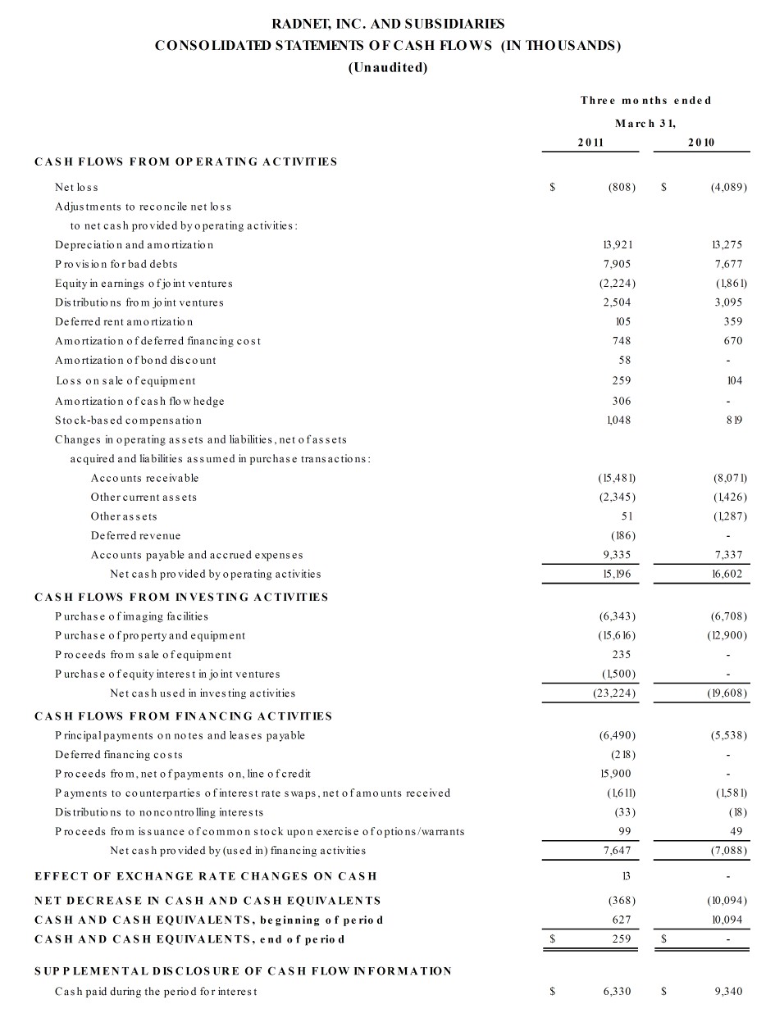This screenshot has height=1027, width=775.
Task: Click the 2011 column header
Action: pyautogui.click(x=590, y=143)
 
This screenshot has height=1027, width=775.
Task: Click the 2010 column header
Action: pyautogui.click(x=701, y=143)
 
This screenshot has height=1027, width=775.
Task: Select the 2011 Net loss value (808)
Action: pyautogui.click(x=622, y=188)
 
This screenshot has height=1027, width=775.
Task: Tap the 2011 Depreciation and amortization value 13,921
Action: pyautogui.click(x=618, y=245)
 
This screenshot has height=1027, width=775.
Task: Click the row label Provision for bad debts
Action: pyautogui.click(x=116, y=264)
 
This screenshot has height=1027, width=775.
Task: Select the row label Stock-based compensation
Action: pyautogui.click(x=129, y=420)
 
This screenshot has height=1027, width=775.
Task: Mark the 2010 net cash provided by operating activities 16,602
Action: pyautogui.click(x=727, y=574)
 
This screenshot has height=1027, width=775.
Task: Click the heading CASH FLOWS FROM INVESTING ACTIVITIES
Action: pyautogui.click(x=181, y=597)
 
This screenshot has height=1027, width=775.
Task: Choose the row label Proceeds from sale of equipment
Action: pyautogui.click(x=144, y=654)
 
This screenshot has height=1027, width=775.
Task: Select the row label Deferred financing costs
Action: pyautogui.click(x=119, y=754)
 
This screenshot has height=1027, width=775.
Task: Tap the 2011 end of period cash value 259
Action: pyautogui.click(x=621, y=938)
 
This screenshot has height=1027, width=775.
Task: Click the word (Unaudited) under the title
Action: pyautogui.click(x=388, y=67)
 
